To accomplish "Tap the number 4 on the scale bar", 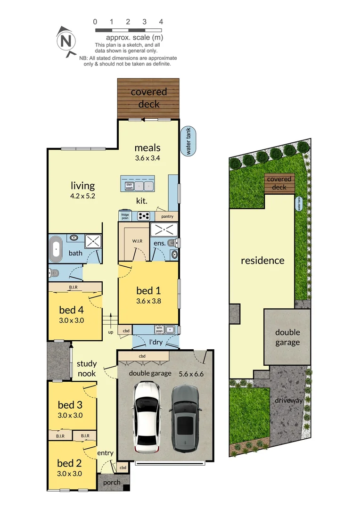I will pyautogui.click(x=161, y=22).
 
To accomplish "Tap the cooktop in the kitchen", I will pyautogui.click(x=144, y=216).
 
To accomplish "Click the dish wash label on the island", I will pyautogui.click(x=129, y=186).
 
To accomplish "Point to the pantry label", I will pyautogui.click(x=167, y=217).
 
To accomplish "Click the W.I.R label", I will pyautogui.click(x=138, y=241).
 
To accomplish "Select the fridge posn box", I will pyautogui.click(x=125, y=217).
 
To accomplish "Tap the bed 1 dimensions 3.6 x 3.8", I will pyautogui.click(x=149, y=301).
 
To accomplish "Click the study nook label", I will pyautogui.click(x=87, y=369).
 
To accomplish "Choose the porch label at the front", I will pyautogui.click(x=112, y=482).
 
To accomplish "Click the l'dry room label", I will pyautogui.click(x=156, y=341).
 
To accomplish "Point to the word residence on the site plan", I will pyautogui.click(x=262, y=260).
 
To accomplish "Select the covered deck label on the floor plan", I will pyautogui.click(x=148, y=98).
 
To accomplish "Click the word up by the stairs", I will pyautogui.click(x=111, y=332).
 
